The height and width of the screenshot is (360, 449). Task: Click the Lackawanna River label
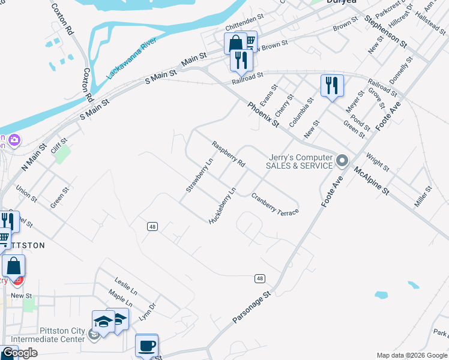pyautogui.click(x=131, y=59)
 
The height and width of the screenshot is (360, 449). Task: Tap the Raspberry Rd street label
pyautogui.click(x=228, y=154)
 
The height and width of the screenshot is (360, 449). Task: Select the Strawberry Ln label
pyautogui.click(x=200, y=175)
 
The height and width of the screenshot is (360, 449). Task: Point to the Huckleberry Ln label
pyautogui.click(x=222, y=205)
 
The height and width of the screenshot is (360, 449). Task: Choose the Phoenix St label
pyautogui.click(x=264, y=114)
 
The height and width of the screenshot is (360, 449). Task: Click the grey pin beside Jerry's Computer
pyautogui.click(x=342, y=160)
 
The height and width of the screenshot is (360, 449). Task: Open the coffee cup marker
pyautogui.click(x=146, y=346)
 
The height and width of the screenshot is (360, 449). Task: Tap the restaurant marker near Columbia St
pyautogui.click(x=332, y=85)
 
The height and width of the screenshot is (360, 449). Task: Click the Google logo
pyautogui.click(x=19, y=353)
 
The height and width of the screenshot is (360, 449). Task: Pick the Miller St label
pyautogui.click(x=423, y=197)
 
